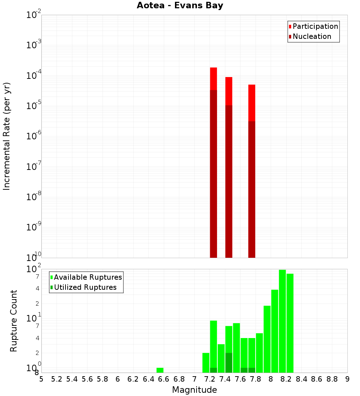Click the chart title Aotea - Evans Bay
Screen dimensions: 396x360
pyautogui.click(x=180, y=6)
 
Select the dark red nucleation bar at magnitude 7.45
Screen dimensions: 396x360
pyautogui.click(x=229, y=180)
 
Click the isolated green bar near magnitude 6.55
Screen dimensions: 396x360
pyautogui.click(x=160, y=370)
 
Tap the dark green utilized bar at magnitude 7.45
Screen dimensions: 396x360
pyautogui.click(x=229, y=363)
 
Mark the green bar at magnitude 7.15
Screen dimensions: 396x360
pyautogui.click(x=206, y=363)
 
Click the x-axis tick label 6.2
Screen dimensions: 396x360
pyautogui.click(x=133, y=379)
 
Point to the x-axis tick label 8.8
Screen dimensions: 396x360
pyautogui.click(x=332, y=379)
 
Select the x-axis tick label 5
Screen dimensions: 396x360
pyautogui.click(x=41, y=379)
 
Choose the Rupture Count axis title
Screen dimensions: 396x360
pyautogui.click(x=14, y=321)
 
